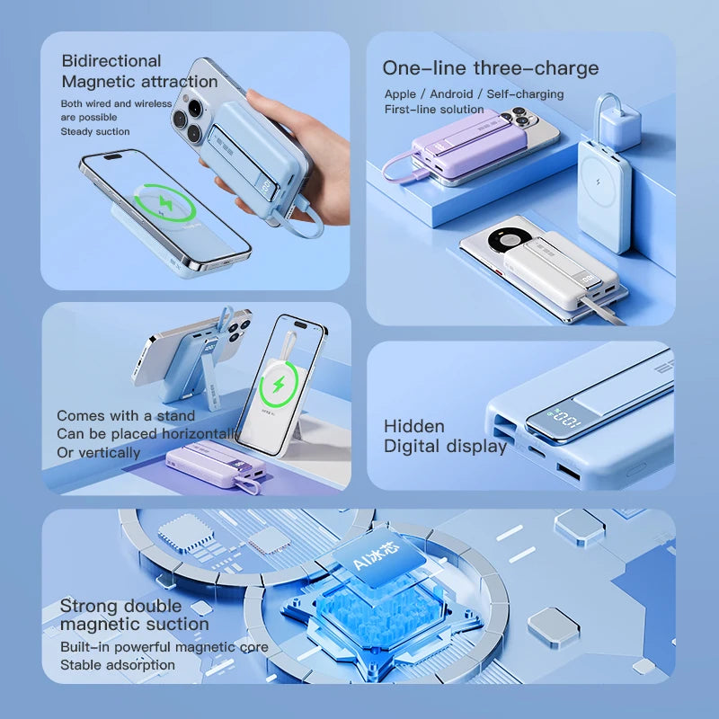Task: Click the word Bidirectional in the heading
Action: [x=111, y=61]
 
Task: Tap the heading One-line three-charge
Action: [x=490, y=68]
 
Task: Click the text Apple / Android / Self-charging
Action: [x=474, y=94]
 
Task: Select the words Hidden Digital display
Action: [x=445, y=436]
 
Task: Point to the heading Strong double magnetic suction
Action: [x=134, y=615]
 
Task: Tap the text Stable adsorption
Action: [x=118, y=665]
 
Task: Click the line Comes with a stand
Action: [x=126, y=416]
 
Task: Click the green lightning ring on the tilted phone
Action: [x=164, y=203]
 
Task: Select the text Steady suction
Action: [x=95, y=131]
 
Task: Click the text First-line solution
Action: [x=434, y=109]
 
